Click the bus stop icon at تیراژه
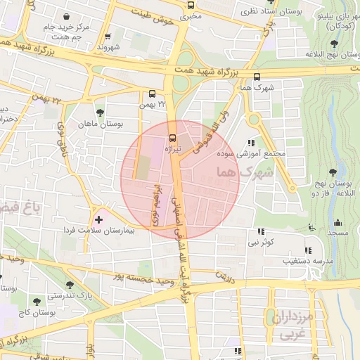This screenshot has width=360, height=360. click(x=174, y=137)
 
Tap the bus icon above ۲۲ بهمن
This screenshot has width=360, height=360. click(x=153, y=94)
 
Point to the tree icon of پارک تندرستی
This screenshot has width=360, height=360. click(x=70, y=283)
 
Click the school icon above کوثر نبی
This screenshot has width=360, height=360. click(x=262, y=231)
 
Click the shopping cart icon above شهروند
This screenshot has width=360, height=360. click(x=108, y=37)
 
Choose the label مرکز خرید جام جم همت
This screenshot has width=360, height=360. click(x=65, y=32)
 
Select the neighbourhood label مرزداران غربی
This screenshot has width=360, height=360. click(x=289, y=324)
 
